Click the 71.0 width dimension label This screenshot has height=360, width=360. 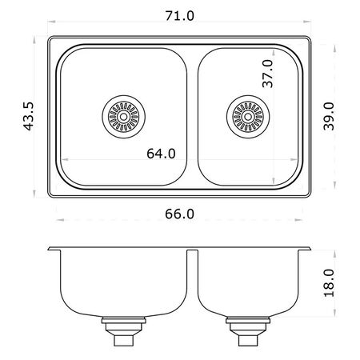[x=180, y=16]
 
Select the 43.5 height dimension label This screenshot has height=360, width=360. [x=28, y=116]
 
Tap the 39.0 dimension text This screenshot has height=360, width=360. [x=329, y=116]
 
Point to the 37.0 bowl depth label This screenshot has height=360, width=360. [x=268, y=74]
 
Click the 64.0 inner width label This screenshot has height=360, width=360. [x=161, y=154]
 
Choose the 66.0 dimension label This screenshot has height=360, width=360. [x=179, y=214]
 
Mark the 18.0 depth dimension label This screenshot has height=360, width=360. [x=329, y=283]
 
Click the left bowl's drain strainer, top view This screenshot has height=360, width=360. [x=123, y=117]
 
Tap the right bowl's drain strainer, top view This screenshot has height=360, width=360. [x=248, y=117]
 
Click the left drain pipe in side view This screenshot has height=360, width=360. [x=124, y=331]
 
